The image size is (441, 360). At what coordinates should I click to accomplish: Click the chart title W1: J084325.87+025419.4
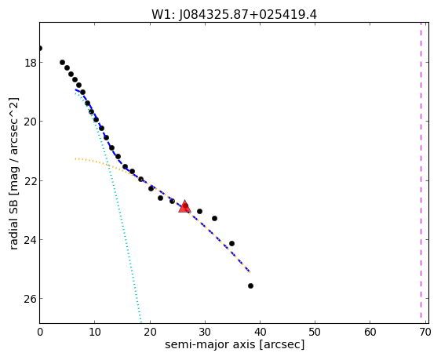(x=235, y=14)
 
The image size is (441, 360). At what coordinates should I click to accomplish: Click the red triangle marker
(x=184, y=206)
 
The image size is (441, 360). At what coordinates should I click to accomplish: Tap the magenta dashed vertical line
(x=421, y=170)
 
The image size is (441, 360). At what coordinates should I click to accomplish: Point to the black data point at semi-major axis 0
(x=40, y=49)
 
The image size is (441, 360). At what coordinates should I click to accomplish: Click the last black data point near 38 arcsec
(x=250, y=285)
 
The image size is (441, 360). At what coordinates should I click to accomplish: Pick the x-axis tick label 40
(x=260, y=333)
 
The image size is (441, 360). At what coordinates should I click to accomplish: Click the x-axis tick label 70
(x=425, y=333)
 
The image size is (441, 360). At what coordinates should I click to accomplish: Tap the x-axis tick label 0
(x=40, y=333)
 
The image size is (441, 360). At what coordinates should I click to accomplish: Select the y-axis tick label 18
(x=31, y=63)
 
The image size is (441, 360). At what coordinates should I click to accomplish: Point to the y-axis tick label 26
(x=31, y=299)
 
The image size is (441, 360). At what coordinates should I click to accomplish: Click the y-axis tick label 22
(x=31, y=180)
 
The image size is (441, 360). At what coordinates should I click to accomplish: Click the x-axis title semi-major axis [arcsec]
(x=235, y=344)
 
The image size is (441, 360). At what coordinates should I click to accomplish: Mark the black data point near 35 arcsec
(x=231, y=243)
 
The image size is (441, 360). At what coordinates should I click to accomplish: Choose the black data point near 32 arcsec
(x=214, y=218)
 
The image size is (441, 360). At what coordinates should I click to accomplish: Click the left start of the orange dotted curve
(x=75, y=159)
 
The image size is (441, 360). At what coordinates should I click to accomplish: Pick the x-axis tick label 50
(x=315, y=333)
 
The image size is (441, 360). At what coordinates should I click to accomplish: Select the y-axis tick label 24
(x=31, y=240)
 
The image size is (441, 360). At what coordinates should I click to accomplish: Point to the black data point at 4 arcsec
(x=63, y=63)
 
